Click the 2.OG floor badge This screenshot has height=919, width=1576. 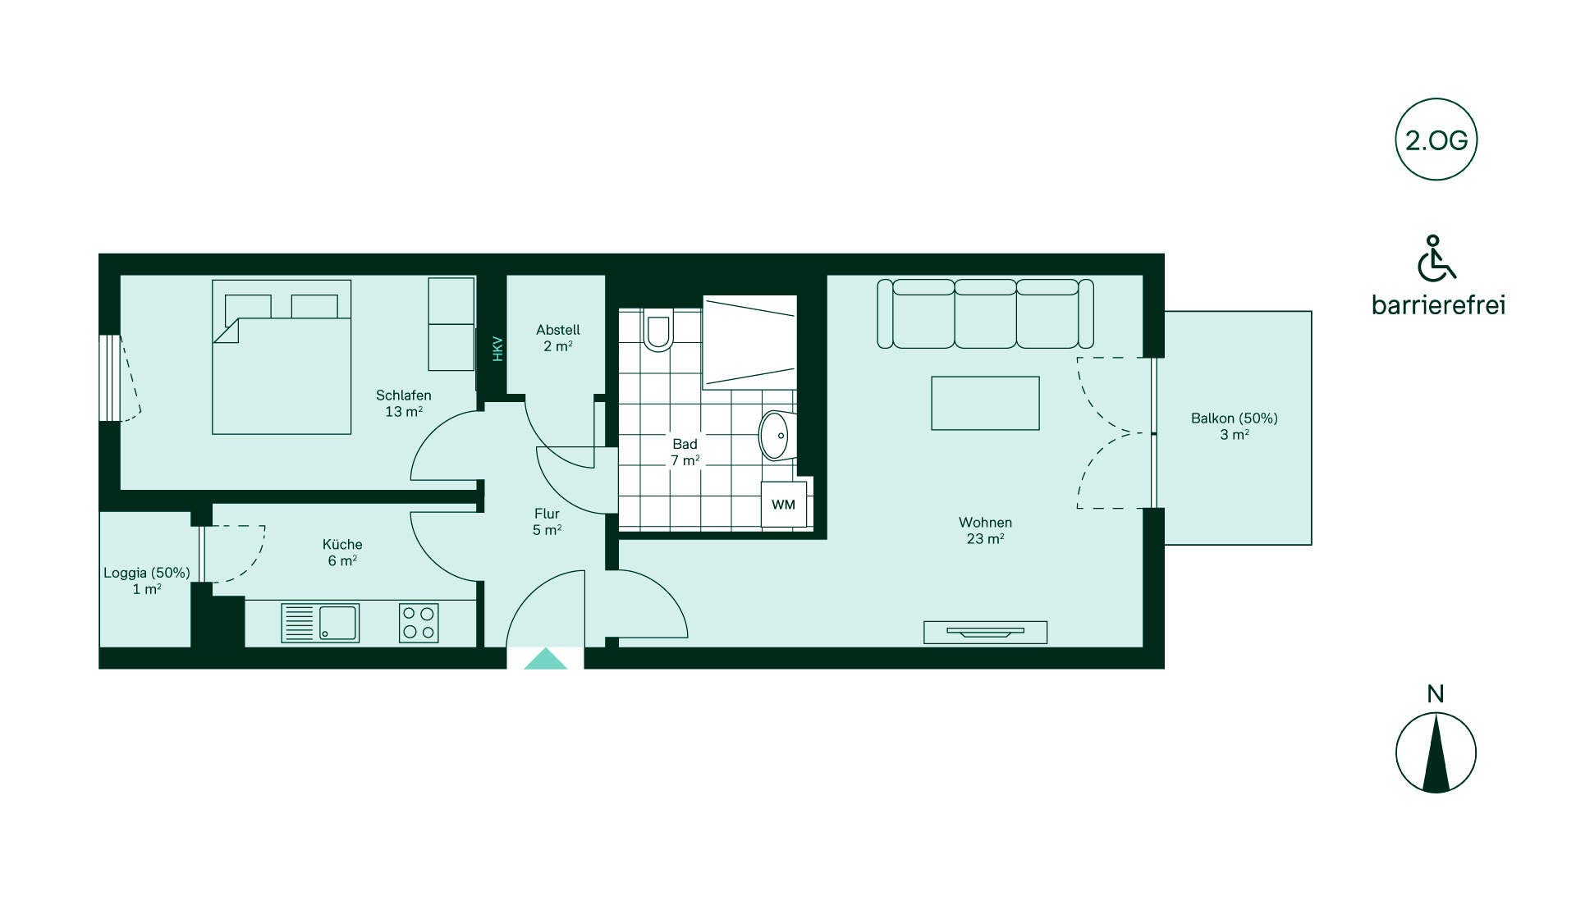[1436, 140]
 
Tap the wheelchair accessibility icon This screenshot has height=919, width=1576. [1436, 258]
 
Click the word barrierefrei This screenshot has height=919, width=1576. [1438, 305]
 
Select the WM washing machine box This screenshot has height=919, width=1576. [783, 504]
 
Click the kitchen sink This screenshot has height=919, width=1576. [320, 622]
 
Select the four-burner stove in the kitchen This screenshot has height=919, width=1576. [419, 622]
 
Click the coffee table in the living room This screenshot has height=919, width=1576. [985, 403]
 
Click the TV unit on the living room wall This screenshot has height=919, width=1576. [985, 632]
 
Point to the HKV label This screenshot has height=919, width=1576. [497, 349]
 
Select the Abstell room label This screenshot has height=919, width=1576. [558, 330]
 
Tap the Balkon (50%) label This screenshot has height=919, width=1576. [1235, 418]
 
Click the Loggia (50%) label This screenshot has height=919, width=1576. [147, 573]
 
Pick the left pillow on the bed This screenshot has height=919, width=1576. [248, 307]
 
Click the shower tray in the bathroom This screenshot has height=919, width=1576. [749, 342]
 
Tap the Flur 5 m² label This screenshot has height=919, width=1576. [547, 522]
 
